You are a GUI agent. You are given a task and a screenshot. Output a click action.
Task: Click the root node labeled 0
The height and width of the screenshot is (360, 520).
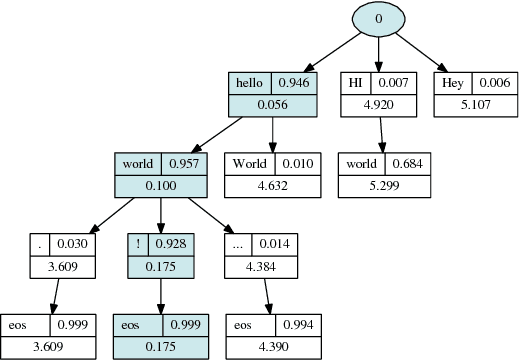pyautogui.click(x=378, y=19)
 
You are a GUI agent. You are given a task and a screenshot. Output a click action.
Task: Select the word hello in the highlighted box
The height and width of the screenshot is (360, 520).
pyautogui.click(x=250, y=82)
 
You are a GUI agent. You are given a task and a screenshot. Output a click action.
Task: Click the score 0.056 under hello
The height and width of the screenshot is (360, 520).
pyautogui.click(x=273, y=105)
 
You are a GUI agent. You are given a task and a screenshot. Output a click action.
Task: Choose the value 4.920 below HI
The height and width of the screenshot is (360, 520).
pyautogui.click(x=379, y=105)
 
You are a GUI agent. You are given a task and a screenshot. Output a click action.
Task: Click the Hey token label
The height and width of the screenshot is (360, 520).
pyautogui.click(x=451, y=82)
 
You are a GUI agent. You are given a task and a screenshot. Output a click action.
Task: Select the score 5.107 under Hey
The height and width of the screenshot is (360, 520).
pyautogui.click(x=474, y=105)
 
